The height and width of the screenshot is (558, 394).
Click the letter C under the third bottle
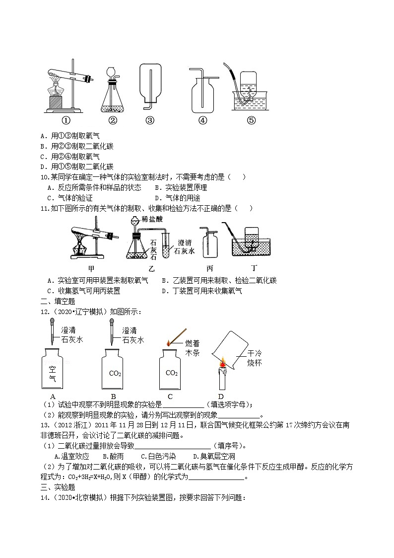(x=170, y=396)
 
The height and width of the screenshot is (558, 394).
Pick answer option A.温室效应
(x=71, y=456)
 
